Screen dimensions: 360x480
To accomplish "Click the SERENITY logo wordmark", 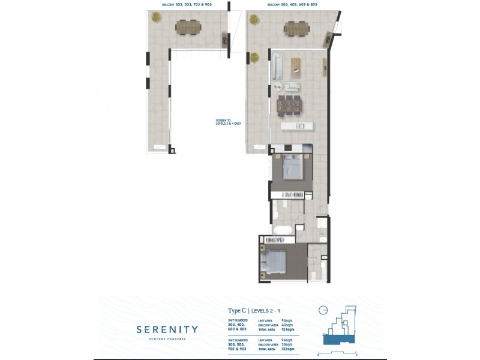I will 167,329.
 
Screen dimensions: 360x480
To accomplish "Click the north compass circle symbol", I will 323,310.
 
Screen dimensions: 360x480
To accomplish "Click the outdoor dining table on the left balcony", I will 188,28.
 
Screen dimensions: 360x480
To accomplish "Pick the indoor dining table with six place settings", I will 290,106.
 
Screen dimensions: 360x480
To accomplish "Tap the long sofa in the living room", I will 277,66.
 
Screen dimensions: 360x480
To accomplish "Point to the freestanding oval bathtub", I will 283,230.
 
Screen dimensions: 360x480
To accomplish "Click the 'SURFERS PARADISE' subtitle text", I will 167,340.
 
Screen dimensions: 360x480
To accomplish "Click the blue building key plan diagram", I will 339,330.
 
